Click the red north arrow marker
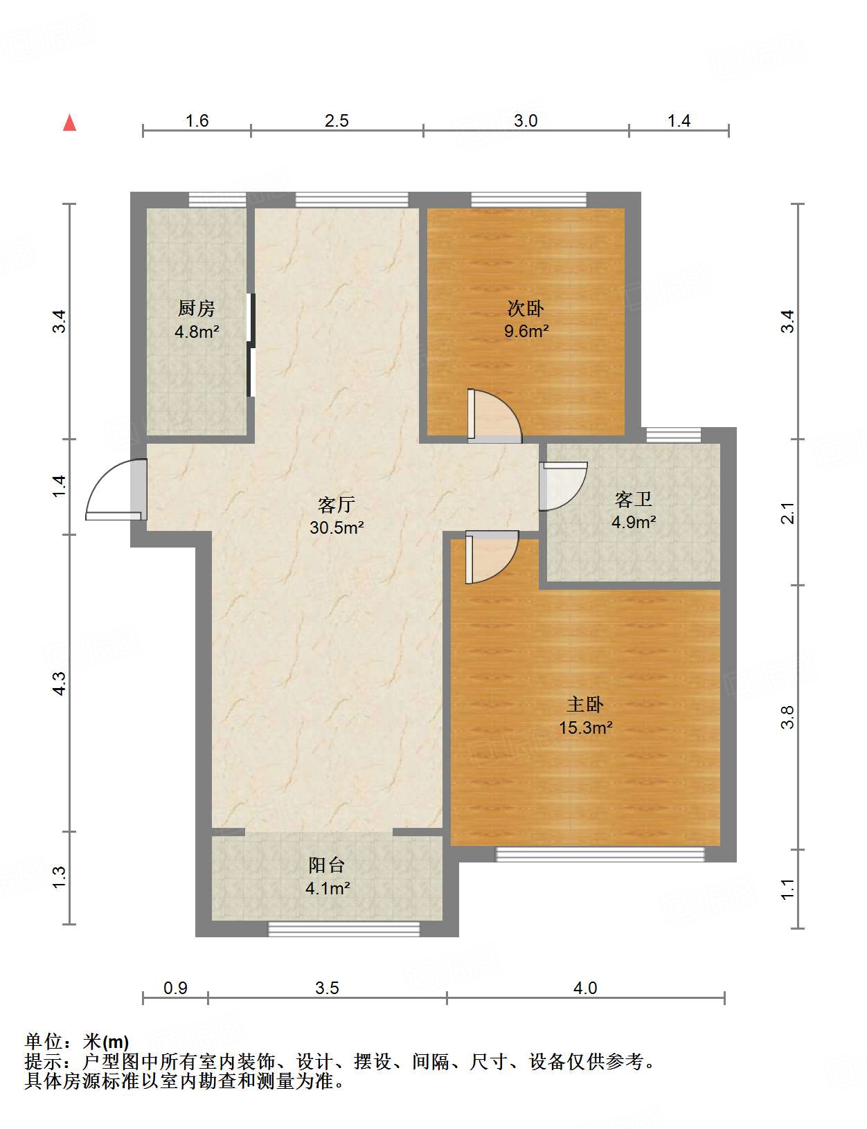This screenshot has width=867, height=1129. [x=70, y=123]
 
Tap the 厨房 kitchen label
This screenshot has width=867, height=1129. [x=196, y=308]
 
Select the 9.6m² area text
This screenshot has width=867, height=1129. [x=526, y=330]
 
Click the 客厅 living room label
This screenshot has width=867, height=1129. [x=337, y=505]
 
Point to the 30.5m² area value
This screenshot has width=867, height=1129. [x=337, y=527]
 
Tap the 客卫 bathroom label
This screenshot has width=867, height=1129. [x=633, y=499]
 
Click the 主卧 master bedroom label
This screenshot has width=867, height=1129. [x=584, y=705]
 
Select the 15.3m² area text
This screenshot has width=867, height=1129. [x=585, y=728]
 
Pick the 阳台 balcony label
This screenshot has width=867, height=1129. [x=326, y=865]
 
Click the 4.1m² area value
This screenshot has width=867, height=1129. [x=328, y=888]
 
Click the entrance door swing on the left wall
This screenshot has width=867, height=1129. [x=116, y=489]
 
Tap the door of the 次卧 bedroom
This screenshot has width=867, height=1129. [x=494, y=415]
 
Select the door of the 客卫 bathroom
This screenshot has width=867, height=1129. [x=563, y=487]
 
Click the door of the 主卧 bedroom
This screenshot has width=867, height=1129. [x=492, y=557]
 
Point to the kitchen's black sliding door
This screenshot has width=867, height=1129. [x=251, y=345]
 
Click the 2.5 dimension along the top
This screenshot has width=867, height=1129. [x=337, y=120]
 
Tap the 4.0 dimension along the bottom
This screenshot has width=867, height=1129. [x=584, y=988]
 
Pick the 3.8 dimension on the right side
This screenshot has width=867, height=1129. [x=787, y=717]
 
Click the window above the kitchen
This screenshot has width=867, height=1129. [x=217, y=200]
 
